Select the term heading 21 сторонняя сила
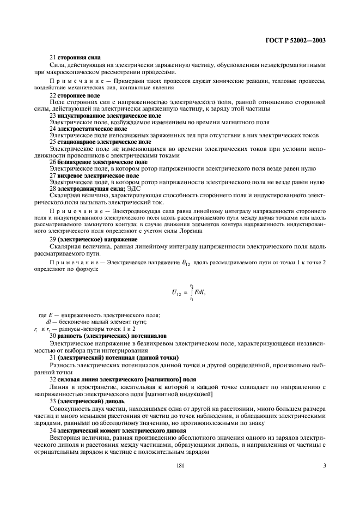(x=75, y=58)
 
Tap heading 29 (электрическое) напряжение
(x=93, y=240)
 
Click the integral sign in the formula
(x=192, y=293)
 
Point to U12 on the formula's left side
(x=176, y=293)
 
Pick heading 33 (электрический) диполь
(x=87, y=400)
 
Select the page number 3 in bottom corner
(x=324, y=465)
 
